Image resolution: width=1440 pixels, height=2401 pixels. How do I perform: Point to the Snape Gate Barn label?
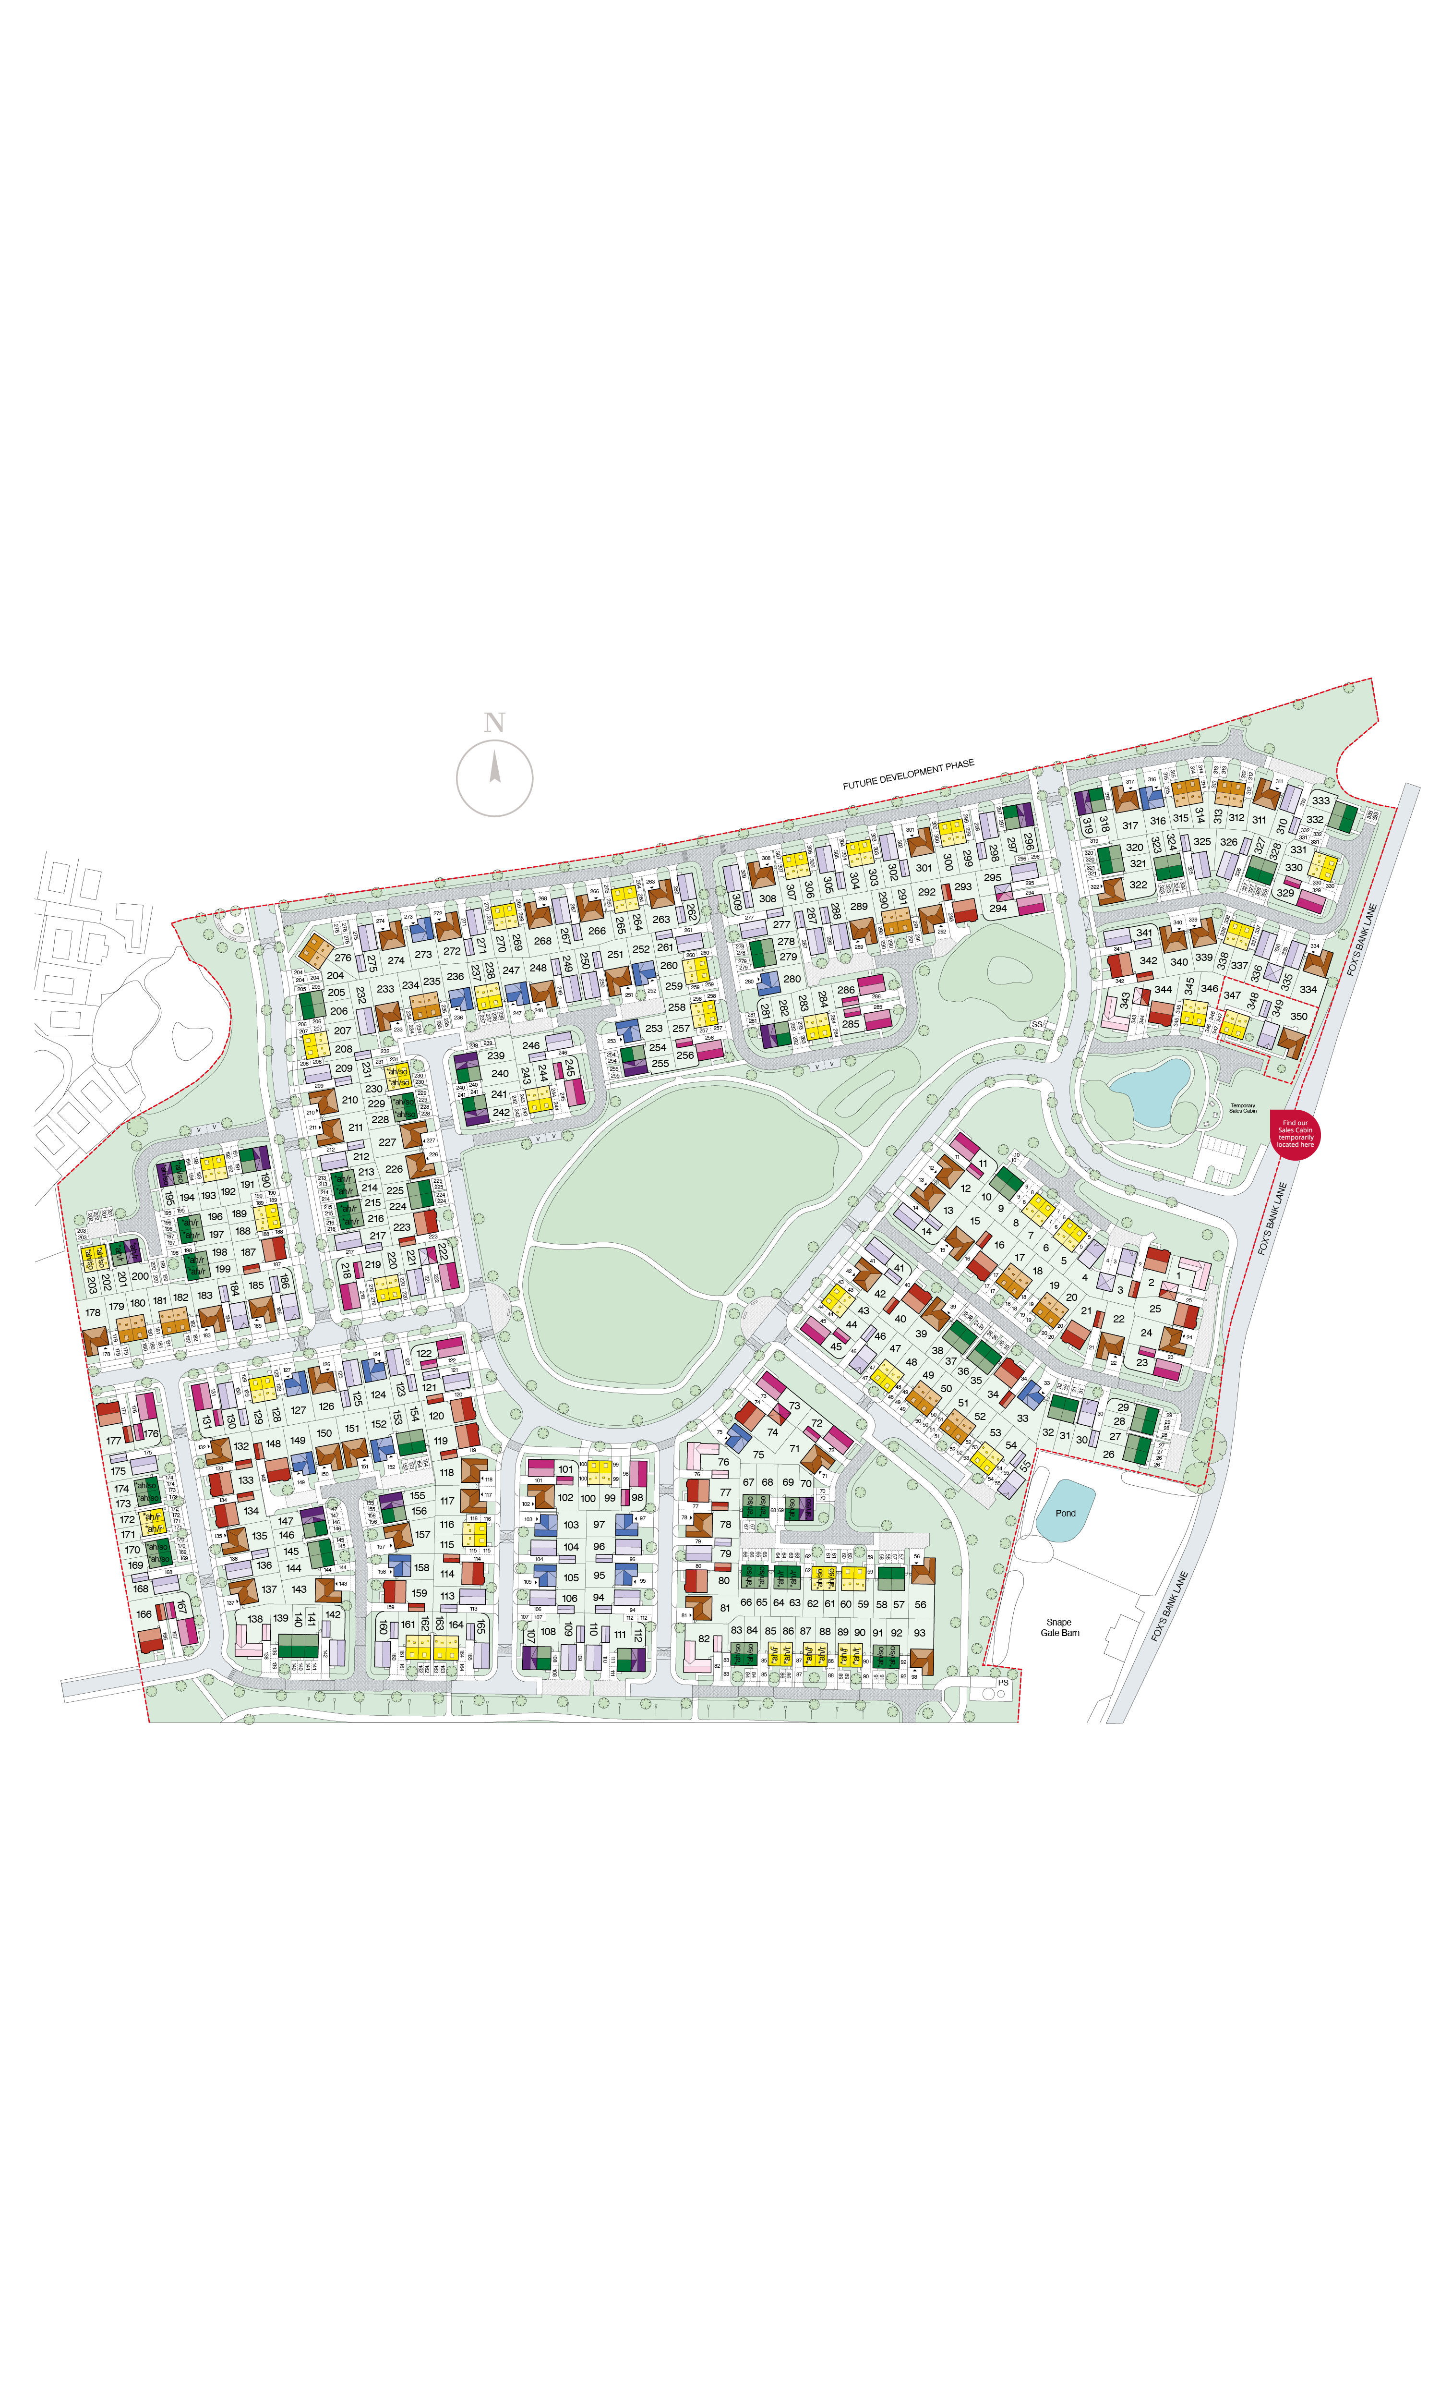1060,1627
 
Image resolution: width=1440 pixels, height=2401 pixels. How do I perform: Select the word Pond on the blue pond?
1066,1513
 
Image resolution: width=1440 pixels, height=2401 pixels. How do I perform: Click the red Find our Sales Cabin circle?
1296,1134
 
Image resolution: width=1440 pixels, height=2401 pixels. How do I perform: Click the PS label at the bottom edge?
1003,1683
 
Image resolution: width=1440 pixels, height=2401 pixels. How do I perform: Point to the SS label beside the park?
1037,1025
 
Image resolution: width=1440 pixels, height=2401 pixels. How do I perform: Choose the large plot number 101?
566,1469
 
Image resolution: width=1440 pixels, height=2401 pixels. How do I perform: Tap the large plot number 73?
795,1405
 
